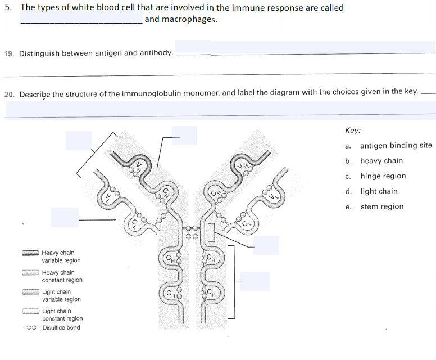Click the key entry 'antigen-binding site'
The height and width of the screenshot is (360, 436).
tap(396, 145)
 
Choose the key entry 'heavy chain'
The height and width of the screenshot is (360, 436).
tap(381, 160)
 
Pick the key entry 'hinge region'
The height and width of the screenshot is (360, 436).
tap(383, 175)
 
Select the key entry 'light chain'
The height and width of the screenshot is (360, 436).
tap(379, 191)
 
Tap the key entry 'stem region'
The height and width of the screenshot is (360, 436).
tap(381, 206)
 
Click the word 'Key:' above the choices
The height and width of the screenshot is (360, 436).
tap(353, 130)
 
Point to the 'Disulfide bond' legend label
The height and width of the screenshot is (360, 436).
tap(61, 327)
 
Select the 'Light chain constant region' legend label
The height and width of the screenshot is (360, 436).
tap(62, 314)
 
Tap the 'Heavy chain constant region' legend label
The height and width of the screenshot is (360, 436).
tap(62, 276)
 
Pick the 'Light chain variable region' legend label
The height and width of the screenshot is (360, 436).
tap(62, 295)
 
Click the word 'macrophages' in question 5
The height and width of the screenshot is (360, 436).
tap(189, 19)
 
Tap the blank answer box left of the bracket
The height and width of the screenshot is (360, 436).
tap(78, 140)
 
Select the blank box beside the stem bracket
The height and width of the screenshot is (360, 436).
tap(255, 281)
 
